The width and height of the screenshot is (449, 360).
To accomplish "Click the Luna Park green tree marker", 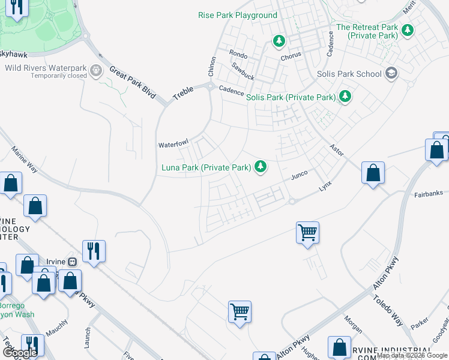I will [x=260, y=166].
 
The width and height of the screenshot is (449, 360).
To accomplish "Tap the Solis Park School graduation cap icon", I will [x=391, y=74].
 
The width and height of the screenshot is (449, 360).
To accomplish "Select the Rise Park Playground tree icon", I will [x=279, y=41].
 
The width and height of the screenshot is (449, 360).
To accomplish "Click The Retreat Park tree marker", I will [x=408, y=30].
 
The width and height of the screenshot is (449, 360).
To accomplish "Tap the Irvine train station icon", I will [x=72, y=262].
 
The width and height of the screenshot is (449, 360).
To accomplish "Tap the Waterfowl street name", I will [x=173, y=145].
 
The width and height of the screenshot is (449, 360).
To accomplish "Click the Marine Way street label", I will [x=25, y=161].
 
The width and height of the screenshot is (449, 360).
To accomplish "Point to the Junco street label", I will [x=299, y=175].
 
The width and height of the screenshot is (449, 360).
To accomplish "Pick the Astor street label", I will [x=336, y=150].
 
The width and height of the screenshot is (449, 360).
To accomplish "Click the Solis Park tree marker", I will [x=345, y=96].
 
